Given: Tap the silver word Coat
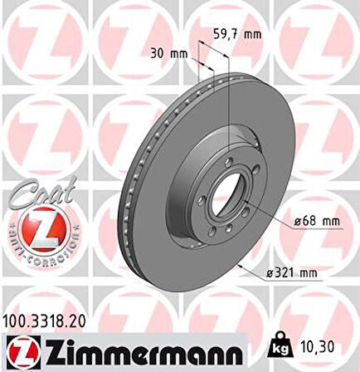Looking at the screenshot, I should (x=33, y=189).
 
